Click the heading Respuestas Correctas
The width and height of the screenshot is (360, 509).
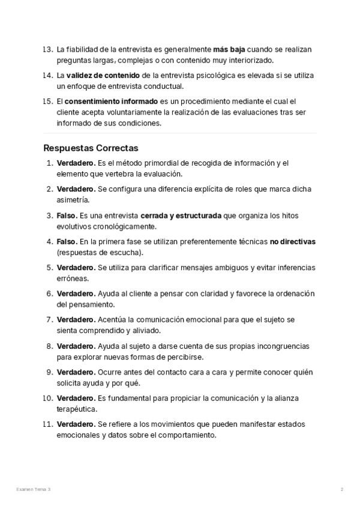tap(91, 148)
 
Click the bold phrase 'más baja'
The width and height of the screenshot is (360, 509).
tap(229, 49)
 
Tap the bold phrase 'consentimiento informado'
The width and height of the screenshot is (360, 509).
tap(111, 101)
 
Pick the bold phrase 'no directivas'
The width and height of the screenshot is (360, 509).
tap(293, 241)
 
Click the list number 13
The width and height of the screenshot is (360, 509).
tap(48, 49)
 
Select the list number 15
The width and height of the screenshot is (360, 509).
tap(48, 101)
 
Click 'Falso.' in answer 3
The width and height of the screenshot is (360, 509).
tap(68, 215)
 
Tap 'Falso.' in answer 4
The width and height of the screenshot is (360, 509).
tap(68, 241)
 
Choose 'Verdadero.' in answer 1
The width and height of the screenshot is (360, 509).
tap(76, 163)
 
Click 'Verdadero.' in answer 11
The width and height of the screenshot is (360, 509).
tap(76, 424)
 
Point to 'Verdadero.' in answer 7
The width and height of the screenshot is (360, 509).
tap(76, 320)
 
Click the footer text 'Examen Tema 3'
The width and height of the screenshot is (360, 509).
tap(34, 490)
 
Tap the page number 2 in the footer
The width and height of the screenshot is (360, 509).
tap(342, 490)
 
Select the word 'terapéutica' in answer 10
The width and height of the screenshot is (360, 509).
tap(77, 409)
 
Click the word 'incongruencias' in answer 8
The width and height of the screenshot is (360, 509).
tap(280, 346)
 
